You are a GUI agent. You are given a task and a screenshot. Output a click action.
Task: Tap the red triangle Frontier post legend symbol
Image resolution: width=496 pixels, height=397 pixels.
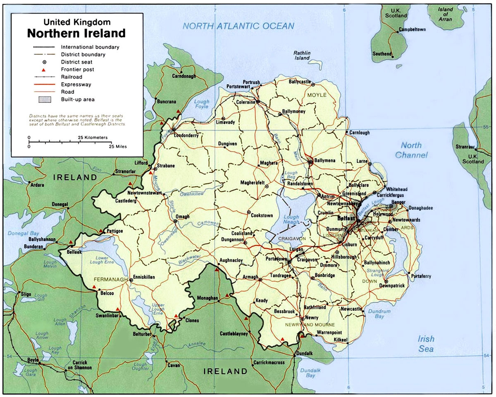(x=43, y=70)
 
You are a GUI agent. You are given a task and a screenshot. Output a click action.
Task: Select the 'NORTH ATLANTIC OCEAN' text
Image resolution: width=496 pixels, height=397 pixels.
(x=239, y=26)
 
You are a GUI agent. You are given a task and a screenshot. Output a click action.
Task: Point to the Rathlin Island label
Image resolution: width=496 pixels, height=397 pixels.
(x=302, y=55)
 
